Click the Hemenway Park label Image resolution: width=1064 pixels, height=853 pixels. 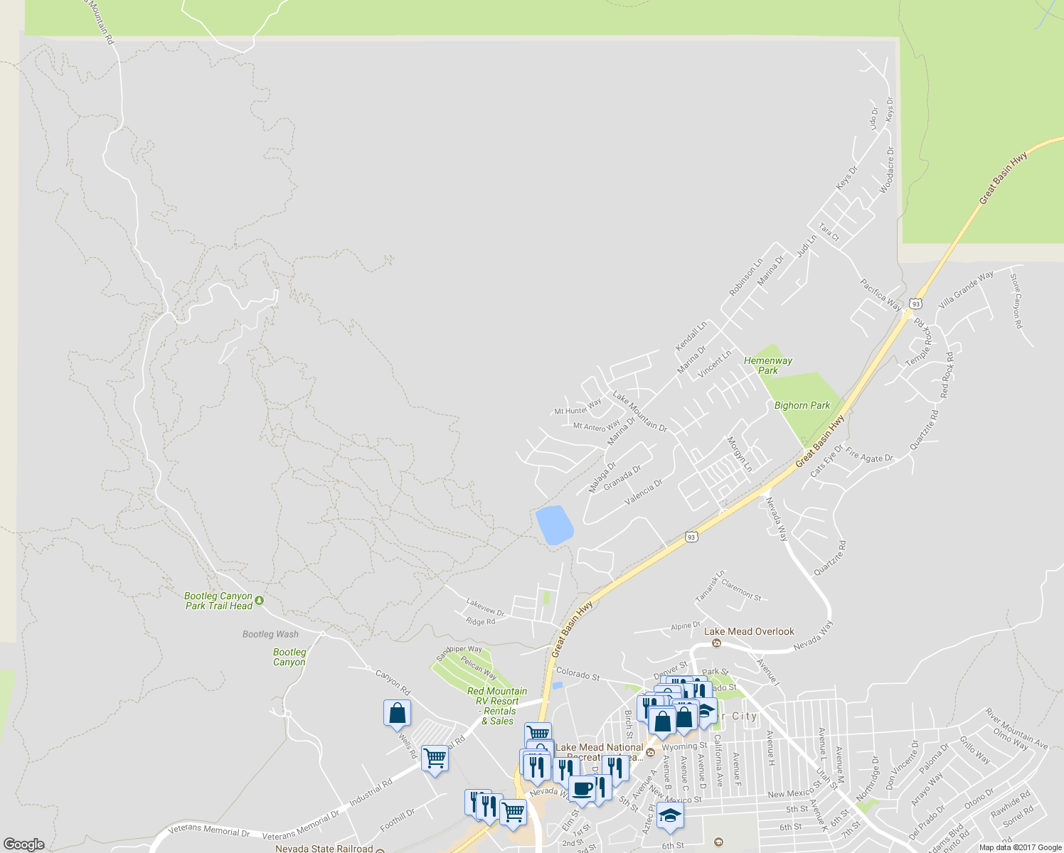[767, 365]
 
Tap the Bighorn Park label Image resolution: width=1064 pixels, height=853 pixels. [802, 405]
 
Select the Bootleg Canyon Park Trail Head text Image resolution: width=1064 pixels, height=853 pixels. [218, 601]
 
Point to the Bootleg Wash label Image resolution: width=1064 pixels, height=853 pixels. [270, 634]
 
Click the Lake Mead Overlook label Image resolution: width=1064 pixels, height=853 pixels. [749, 631]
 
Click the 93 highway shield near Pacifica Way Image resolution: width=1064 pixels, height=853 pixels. [915, 304]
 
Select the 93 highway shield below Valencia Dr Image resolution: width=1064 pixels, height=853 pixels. [691, 537]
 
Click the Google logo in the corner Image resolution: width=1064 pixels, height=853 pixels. [23, 844]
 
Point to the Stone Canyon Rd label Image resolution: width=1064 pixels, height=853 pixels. [1016, 301]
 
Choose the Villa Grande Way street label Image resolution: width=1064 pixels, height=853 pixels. [966, 289]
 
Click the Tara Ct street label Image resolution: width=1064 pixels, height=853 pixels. [829, 232]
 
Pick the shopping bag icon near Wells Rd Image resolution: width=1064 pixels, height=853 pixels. [397, 714]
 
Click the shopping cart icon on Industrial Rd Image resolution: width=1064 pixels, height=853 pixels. [435, 758]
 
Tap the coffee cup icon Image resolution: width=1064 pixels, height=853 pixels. [582, 789]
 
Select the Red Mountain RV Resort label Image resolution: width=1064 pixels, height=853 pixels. [497, 706]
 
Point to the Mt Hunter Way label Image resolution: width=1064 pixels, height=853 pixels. [578, 407]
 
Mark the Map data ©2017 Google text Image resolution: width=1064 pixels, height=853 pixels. [1020, 847]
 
